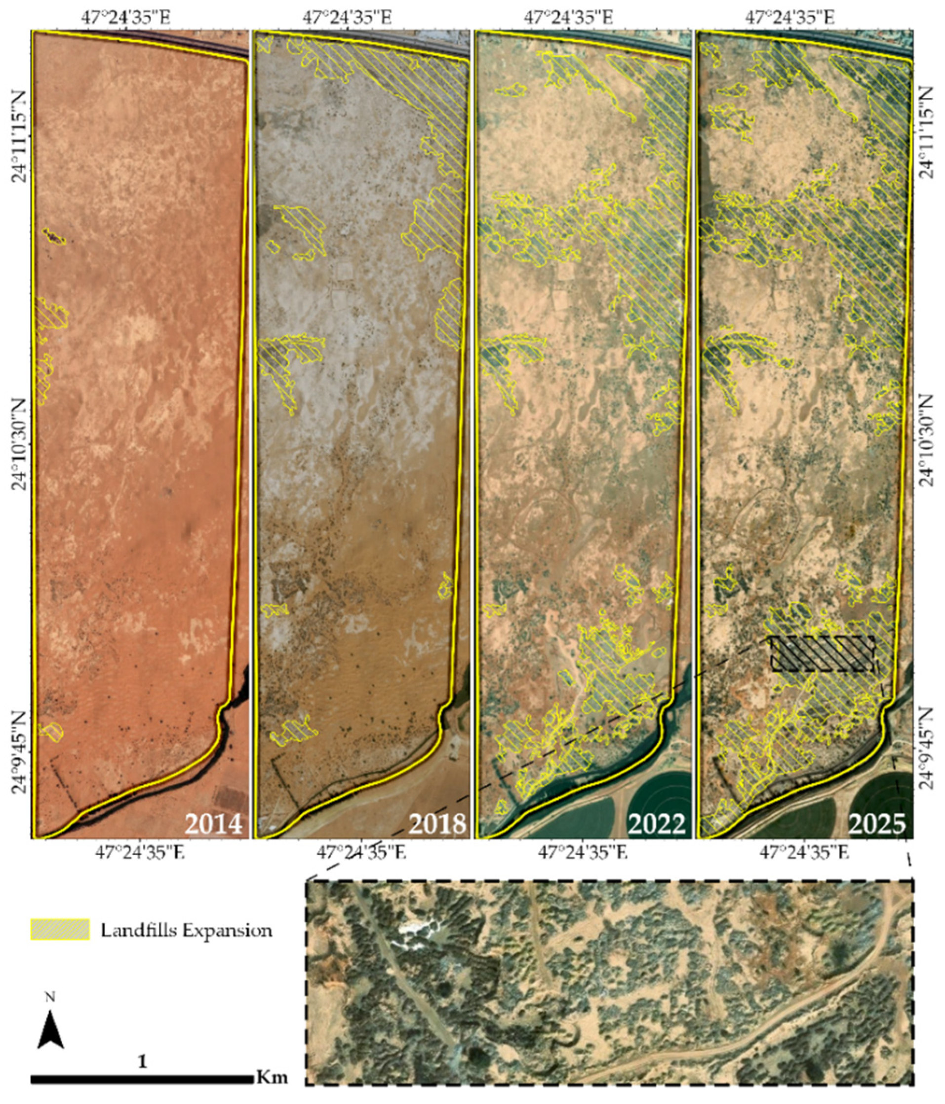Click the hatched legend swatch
[60, 930]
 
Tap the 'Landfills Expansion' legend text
[187, 930]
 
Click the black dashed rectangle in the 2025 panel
[823, 653]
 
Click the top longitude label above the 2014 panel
[126, 17]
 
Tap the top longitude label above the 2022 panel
[568, 17]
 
